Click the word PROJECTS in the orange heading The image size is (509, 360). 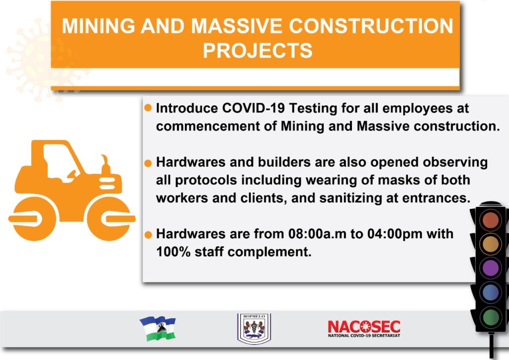(257, 50)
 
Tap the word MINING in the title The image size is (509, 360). (98, 26)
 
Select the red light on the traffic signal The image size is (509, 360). (491, 220)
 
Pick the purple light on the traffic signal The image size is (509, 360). (491, 268)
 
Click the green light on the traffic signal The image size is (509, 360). (491, 316)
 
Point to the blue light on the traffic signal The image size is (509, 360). (491, 292)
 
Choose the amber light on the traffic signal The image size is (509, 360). (491, 244)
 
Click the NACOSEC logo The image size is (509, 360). (364, 329)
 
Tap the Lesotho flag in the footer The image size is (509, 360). (158, 328)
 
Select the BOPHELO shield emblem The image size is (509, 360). (254, 328)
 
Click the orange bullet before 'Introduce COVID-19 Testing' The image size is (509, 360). (148, 108)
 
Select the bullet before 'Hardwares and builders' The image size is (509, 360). (148, 163)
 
